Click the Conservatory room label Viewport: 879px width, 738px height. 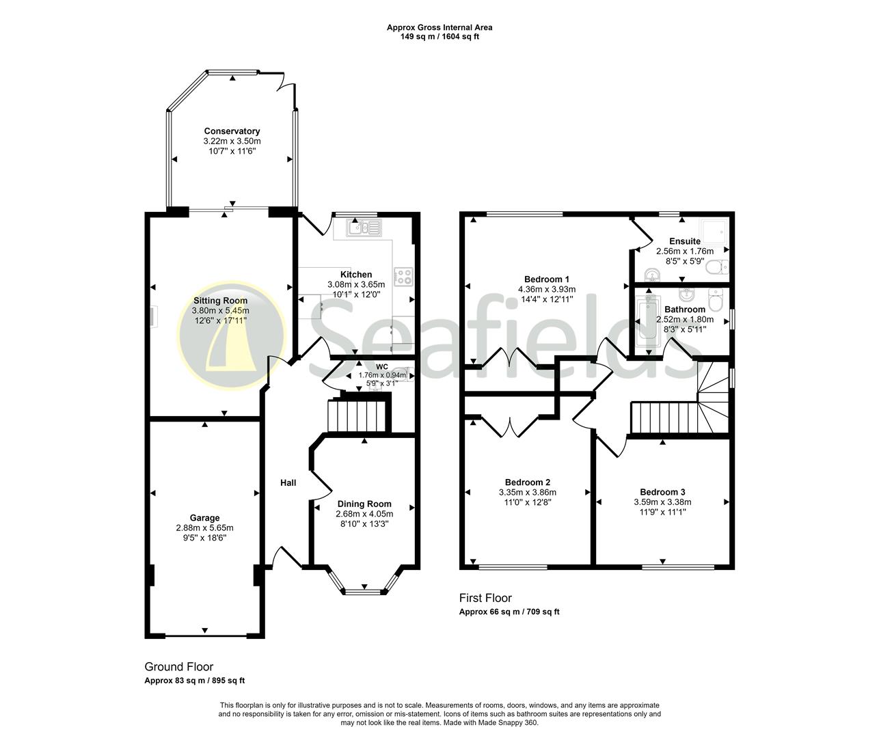click(232, 131)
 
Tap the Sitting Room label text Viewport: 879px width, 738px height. click(220, 301)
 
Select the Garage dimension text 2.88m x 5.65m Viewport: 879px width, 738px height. click(204, 528)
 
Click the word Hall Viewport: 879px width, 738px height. click(288, 483)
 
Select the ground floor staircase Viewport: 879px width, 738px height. click(358, 415)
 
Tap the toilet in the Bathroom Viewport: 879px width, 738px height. click(716, 299)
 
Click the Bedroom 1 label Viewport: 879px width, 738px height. click(547, 279)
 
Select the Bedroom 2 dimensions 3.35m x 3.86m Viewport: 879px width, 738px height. click(527, 492)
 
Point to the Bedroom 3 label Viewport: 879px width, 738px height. click(662, 492)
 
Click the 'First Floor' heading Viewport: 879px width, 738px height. click(485, 598)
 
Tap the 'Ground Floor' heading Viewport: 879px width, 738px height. click(179, 666)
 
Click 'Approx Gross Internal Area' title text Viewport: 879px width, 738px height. click(439, 28)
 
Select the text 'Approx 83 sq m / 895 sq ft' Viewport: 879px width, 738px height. click(195, 681)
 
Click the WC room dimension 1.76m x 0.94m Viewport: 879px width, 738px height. click(382, 375)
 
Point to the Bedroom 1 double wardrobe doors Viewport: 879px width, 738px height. click(511, 358)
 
